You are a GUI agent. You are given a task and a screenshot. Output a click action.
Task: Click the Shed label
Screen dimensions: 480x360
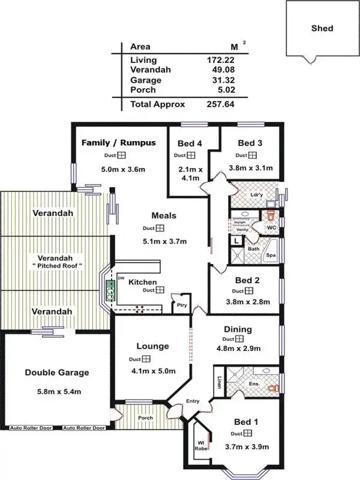click(322, 28)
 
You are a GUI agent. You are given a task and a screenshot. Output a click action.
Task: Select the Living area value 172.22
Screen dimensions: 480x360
click(218, 60)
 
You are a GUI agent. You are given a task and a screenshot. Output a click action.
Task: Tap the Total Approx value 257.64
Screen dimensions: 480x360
click(218, 104)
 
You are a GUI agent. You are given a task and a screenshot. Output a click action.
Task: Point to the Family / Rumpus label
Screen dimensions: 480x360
click(118, 143)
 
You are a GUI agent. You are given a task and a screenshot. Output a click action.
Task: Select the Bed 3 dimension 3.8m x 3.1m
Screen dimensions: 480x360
click(251, 168)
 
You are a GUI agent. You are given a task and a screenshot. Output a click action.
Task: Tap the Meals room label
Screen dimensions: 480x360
click(163, 216)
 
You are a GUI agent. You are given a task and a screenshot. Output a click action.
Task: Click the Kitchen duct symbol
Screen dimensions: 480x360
click(160, 290)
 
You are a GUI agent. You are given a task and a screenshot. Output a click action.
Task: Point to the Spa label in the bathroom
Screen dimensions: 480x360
click(271, 255)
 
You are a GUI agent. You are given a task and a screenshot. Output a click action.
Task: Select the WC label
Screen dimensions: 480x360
click(271, 228)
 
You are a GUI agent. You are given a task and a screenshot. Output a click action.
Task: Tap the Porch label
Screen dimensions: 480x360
click(145, 418)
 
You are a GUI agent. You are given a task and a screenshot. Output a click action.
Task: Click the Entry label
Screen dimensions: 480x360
click(193, 401)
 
